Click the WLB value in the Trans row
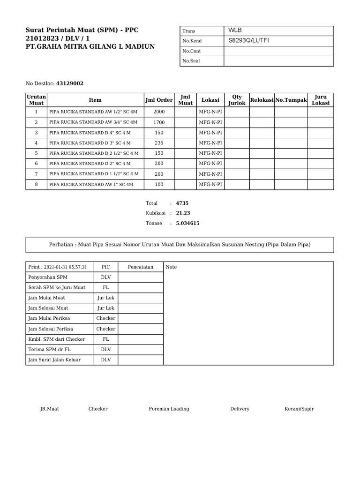click(235, 30)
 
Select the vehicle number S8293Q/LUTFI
click(249, 41)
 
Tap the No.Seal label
click(191, 61)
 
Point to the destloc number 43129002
click(70, 83)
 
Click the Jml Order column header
click(159, 100)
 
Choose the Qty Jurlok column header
click(237, 100)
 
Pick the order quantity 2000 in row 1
click(159, 112)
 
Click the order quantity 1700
click(159, 122)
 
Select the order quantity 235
click(159, 143)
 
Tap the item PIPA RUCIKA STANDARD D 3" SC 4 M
click(90, 143)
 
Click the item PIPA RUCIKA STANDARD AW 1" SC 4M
click(91, 184)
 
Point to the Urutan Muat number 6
click(36, 164)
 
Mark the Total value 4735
click(182, 203)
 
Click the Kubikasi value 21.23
click(183, 213)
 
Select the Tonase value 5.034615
click(187, 224)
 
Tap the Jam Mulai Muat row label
click(47, 298)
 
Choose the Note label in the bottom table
click(172, 267)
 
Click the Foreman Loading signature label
click(169, 409)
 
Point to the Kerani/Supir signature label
click(299, 409)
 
